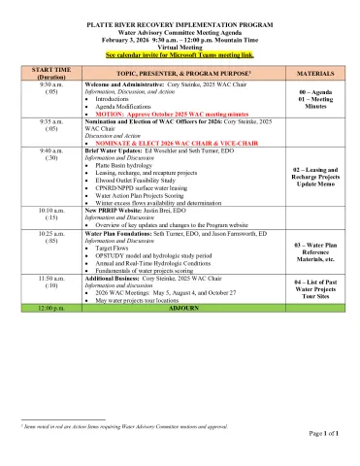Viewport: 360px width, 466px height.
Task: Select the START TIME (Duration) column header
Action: pos(50,73)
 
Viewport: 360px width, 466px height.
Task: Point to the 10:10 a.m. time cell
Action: pos(50,210)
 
